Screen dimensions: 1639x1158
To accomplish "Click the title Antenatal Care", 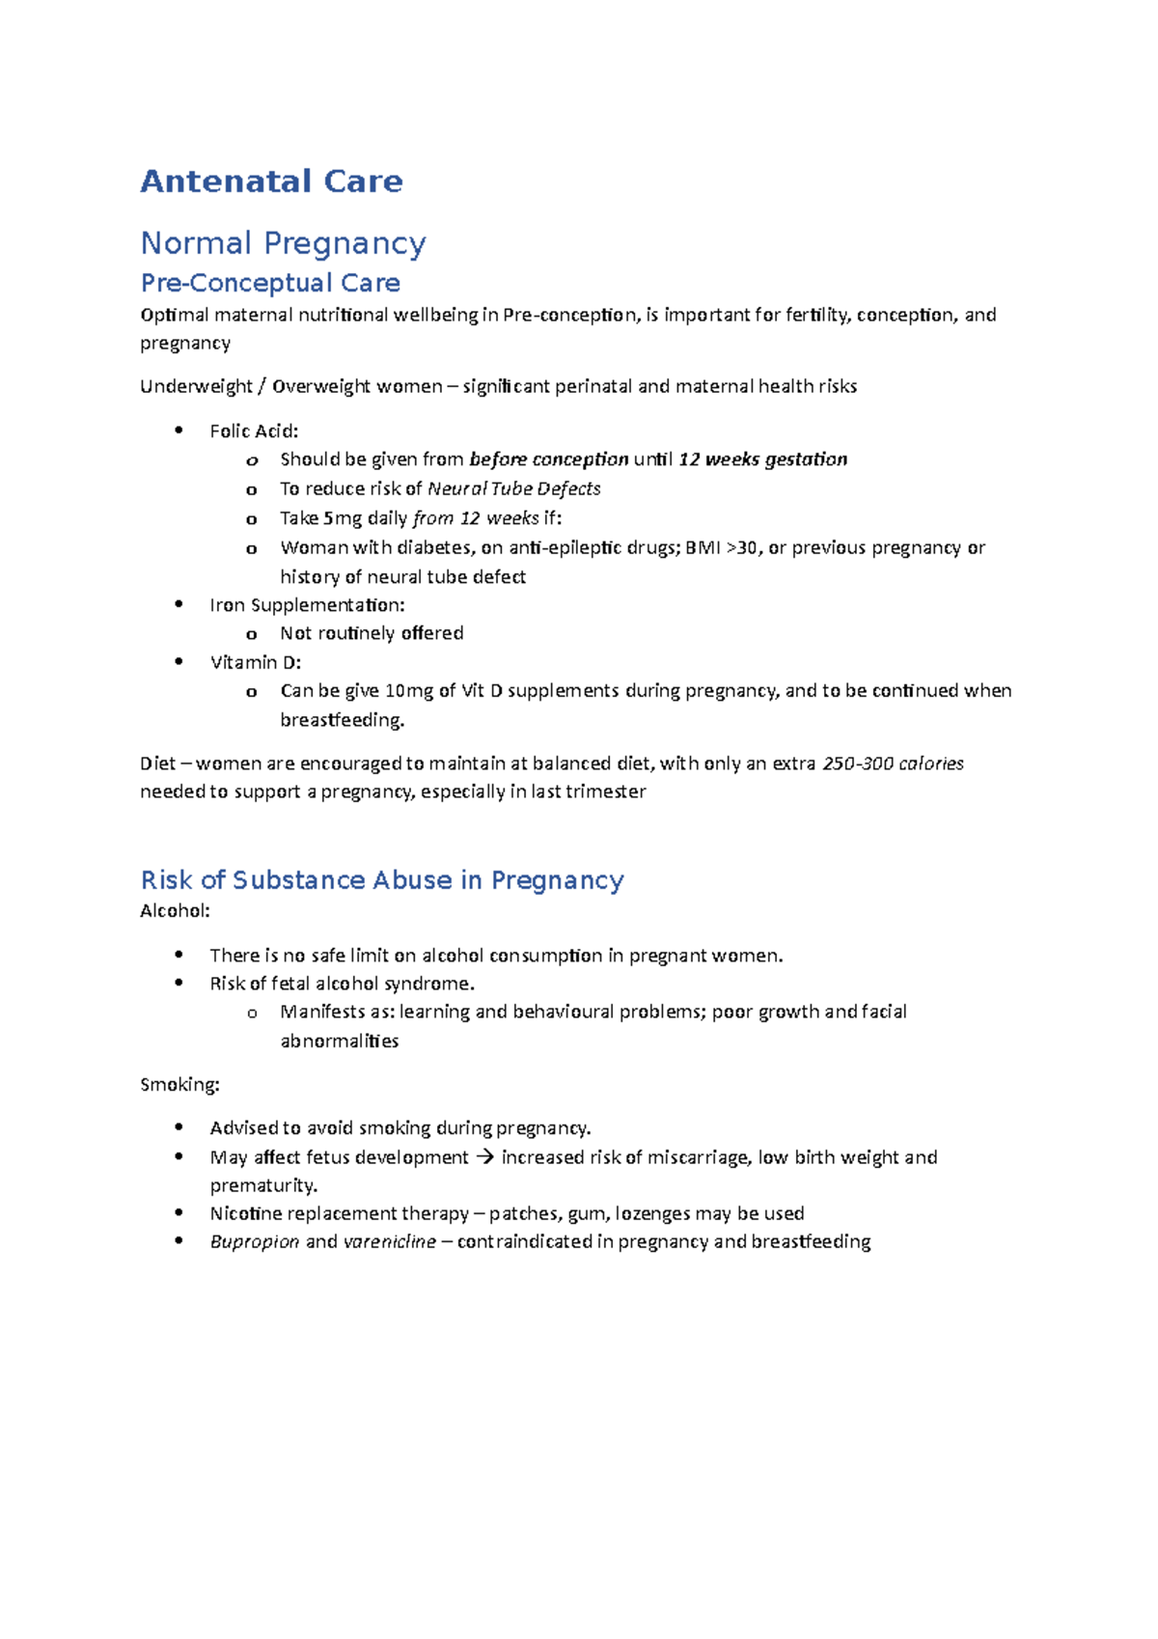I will [271, 181].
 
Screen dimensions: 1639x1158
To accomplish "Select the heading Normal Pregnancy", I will [283, 243].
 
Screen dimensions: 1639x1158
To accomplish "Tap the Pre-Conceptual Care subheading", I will [270, 283].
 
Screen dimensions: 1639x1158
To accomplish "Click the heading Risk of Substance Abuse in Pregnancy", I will [382, 880].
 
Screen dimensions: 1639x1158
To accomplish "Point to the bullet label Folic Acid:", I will [254, 431].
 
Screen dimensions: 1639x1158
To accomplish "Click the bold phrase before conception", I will [548, 459].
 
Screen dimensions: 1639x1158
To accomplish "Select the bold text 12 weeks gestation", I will [762, 459].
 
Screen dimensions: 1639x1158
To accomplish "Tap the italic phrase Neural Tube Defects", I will [513, 489].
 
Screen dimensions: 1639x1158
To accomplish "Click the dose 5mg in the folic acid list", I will [343, 518].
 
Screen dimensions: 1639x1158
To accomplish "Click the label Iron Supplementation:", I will [307, 605].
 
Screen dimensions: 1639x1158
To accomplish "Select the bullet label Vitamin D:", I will [256, 663].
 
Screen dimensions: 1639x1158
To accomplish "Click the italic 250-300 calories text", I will [893, 764].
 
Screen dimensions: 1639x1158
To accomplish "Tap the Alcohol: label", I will [175, 911].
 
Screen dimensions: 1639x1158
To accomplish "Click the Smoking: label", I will [179, 1085].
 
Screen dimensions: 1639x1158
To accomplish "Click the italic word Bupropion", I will [255, 1242].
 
